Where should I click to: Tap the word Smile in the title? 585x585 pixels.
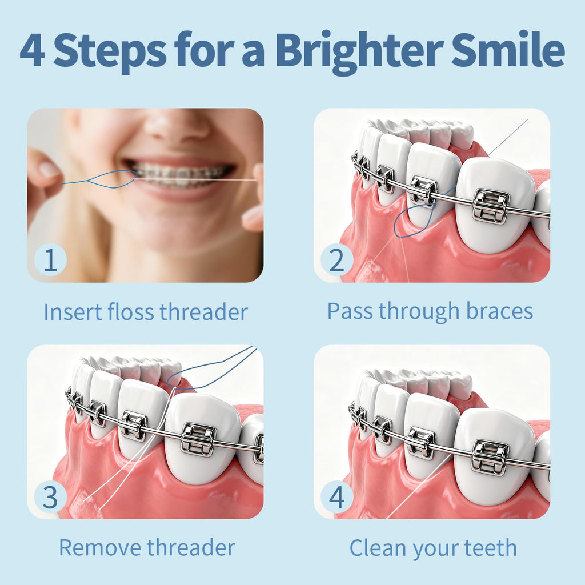[x=508, y=49]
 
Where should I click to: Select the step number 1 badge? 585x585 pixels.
[x=50, y=260]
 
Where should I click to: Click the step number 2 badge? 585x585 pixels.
[x=337, y=260]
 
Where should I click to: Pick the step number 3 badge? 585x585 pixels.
[x=50, y=496]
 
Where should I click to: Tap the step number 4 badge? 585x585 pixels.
[x=337, y=496]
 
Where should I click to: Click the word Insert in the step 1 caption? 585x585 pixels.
[x=73, y=312]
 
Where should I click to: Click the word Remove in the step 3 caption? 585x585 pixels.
[x=100, y=548]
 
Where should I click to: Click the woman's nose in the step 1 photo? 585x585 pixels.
[x=176, y=125]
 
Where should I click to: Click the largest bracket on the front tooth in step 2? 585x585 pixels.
[x=490, y=206]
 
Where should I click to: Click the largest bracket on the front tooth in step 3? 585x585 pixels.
[x=198, y=439]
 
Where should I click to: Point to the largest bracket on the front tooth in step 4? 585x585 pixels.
[x=490, y=458]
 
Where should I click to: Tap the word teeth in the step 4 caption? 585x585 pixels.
[x=490, y=548]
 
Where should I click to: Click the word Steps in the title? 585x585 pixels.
[x=110, y=52]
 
